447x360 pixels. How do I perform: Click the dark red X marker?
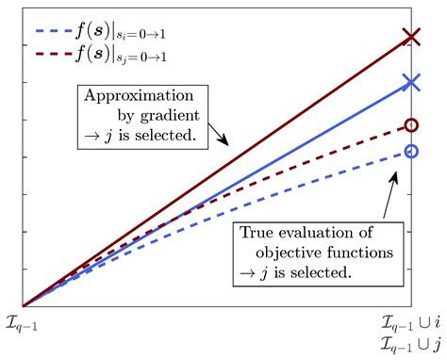tap(410, 38)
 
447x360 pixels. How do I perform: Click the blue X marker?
tap(410, 82)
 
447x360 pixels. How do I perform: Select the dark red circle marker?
tap(410, 124)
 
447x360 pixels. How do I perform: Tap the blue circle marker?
tap(410, 151)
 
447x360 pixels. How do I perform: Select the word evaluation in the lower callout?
tap(323, 232)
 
